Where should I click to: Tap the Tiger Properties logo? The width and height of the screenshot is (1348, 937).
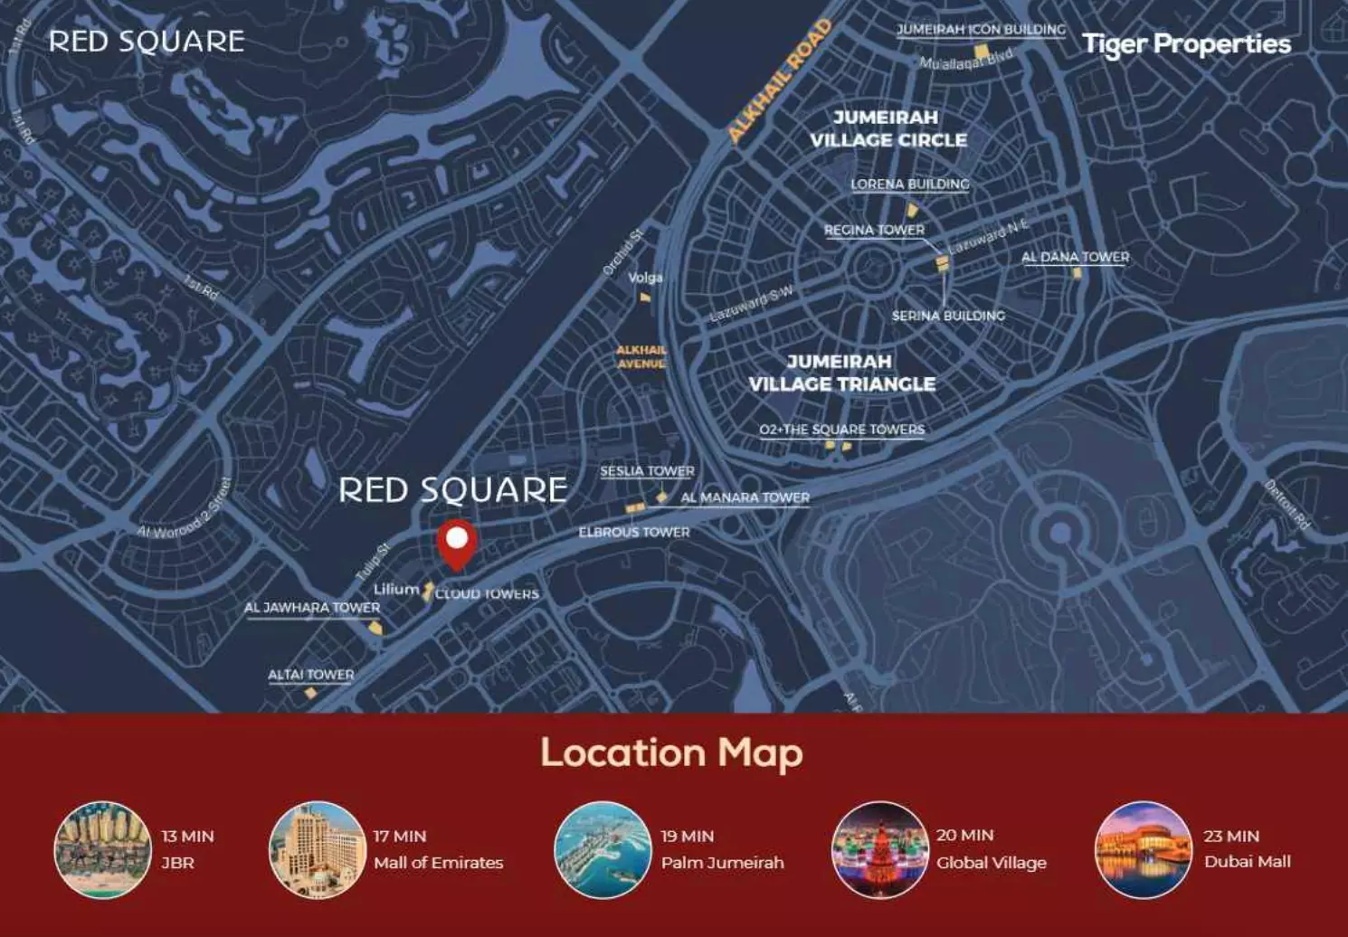(x=1186, y=44)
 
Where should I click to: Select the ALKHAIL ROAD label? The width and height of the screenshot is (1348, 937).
(x=779, y=81)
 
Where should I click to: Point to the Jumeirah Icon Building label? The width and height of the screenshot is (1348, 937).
(x=981, y=30)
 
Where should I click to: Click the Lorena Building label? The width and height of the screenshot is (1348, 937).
(x=909, y=185)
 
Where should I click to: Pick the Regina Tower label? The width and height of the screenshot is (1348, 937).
(x=874, y=231)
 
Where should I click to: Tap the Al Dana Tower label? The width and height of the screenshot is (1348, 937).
(x=1075, y=258)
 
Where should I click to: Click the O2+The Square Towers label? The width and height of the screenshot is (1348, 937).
(x=841, y=430)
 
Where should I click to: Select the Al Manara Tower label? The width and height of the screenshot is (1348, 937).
(x=745, y=497)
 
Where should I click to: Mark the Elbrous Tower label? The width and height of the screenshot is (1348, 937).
(x=633, y=533)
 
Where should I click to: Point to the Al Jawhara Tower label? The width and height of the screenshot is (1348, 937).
(x=312, y=608)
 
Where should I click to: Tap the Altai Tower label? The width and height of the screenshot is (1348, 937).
(x=310, y=675)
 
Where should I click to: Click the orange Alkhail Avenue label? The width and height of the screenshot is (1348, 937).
(x=641, y=356)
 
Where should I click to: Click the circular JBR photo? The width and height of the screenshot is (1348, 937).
(x=102, y=849)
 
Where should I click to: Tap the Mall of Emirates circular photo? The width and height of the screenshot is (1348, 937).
(x=317, y=849)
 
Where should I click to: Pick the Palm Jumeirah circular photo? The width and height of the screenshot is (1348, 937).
(x=603, y=849)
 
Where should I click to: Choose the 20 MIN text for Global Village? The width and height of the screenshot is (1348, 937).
(x=964, y=836)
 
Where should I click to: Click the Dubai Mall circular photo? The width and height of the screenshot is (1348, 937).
(x=1143, y=849)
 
